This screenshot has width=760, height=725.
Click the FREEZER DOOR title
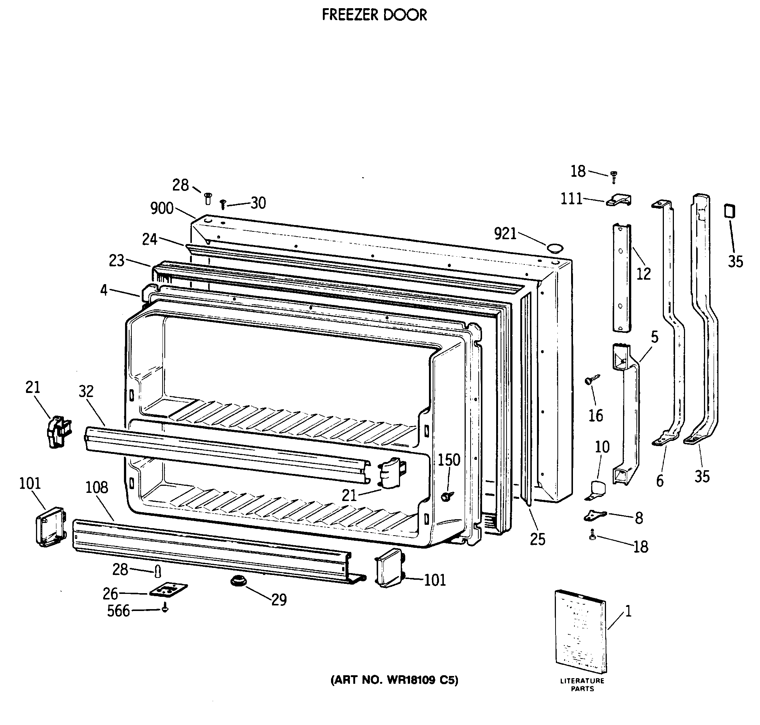click(374, 15)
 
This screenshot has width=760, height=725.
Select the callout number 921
click(505, 234)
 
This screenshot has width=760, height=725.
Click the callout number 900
click(161, 209)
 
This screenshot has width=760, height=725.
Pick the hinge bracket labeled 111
click(619, 200)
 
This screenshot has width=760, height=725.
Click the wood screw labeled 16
click(592, 379)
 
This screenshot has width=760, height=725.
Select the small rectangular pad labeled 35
click(730, 211)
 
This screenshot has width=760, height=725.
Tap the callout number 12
click(643, 274)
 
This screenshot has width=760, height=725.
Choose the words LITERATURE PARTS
click(582, 685)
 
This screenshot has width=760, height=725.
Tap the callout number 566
click(118, 611)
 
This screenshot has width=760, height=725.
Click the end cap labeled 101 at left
click(50, 526)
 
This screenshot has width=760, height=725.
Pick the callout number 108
click(96, 488)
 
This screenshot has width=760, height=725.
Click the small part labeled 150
click(447, 496)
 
